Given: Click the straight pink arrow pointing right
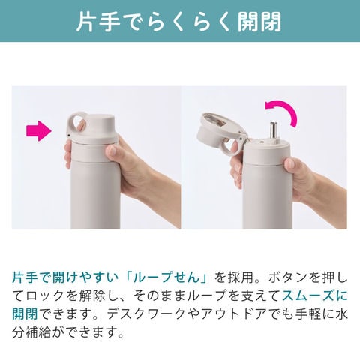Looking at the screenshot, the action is tap(39, 131).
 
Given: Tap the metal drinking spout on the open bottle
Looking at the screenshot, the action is tap(272, 132).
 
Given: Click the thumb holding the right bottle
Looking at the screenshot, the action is tap(292, 166).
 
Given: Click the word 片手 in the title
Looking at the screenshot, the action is tap(94, 21).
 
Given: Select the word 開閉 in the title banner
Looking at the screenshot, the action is tap(259, 21).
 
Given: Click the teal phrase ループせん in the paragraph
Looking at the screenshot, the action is tap(170, 277).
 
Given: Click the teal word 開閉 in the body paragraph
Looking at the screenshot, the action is tap(25, 314).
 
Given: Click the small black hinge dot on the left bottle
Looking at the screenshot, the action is tap(68, 135).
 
